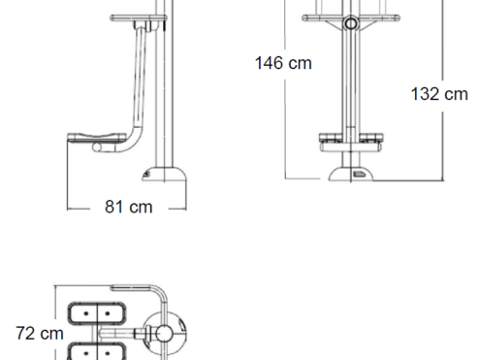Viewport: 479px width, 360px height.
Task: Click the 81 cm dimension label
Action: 128,207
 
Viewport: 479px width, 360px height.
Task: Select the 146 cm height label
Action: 283,63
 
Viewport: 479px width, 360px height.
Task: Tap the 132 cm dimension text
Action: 439,94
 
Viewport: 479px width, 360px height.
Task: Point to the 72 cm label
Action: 40,334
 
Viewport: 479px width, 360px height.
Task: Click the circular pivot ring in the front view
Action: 351,23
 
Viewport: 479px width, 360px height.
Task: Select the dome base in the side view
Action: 164,174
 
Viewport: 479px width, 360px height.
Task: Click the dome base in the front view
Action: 351,174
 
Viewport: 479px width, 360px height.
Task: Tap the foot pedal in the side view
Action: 96,138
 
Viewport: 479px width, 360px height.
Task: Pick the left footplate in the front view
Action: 331,138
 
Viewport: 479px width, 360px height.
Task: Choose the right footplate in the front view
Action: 371,138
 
